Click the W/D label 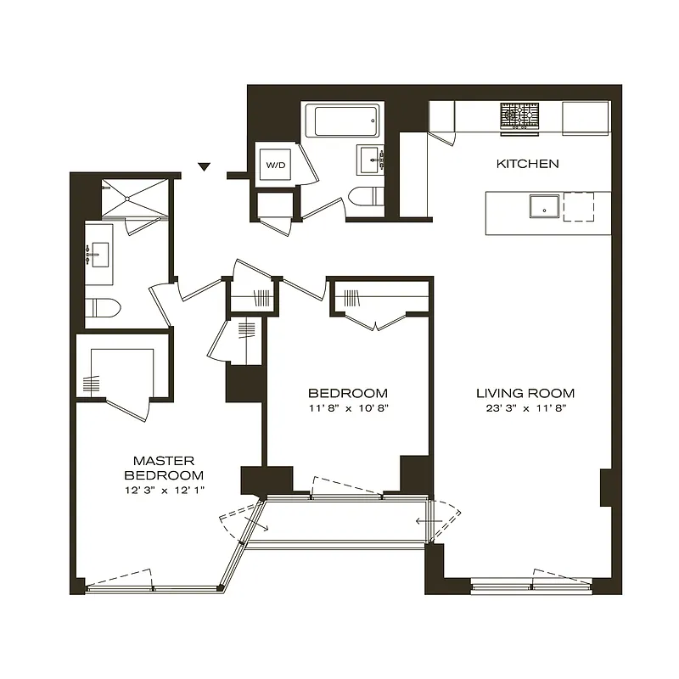click(x=277, y=165)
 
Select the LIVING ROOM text click(x=525, y=393)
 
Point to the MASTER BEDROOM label click(x=165, y=468)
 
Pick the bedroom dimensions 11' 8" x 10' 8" click(x=348, y=407)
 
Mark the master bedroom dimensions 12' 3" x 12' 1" click(x=165, y=491)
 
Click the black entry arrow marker click(x=204, y=166)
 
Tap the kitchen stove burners click(x=519, y=116)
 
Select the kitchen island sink click(x=543, y=207)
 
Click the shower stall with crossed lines click(x=127, y=199)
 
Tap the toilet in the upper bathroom click(x=365, y=197)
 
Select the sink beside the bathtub click(x=372, y=159)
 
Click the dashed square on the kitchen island click(x=579, y=206)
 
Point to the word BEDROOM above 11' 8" click(x=348, y=393)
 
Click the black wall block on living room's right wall click(x=606, y=487)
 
